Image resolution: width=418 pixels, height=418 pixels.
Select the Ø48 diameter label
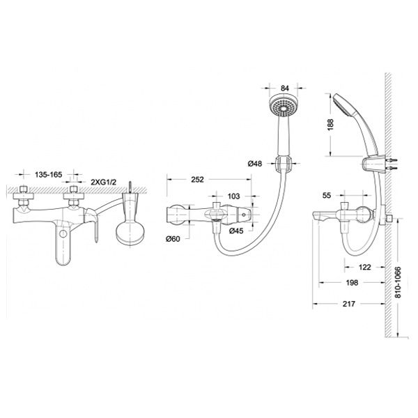point(256,164)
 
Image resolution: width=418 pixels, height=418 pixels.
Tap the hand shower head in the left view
point(131,229)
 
